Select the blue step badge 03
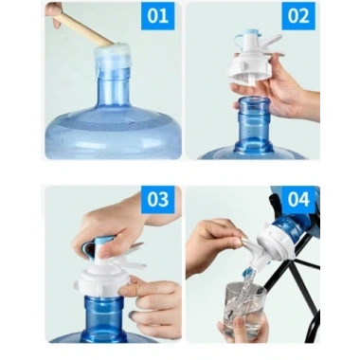tap(158, 200)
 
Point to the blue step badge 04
tap(297, 200)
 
